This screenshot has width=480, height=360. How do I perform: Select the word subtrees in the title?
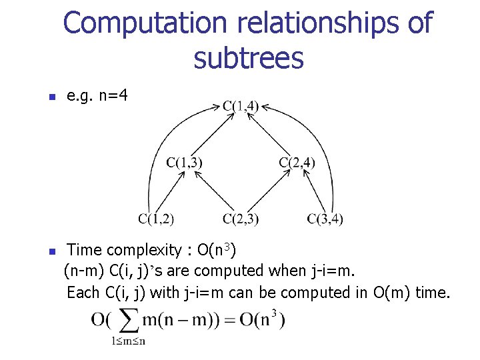248,59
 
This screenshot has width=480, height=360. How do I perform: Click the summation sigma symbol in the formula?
128,321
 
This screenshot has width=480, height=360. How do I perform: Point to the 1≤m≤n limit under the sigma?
128,341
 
